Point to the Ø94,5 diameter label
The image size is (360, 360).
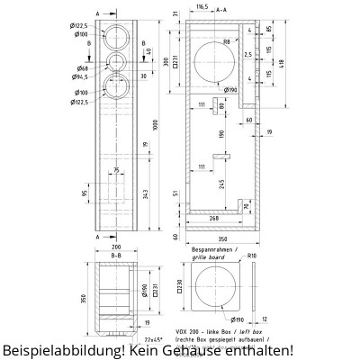tap(83, 77)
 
